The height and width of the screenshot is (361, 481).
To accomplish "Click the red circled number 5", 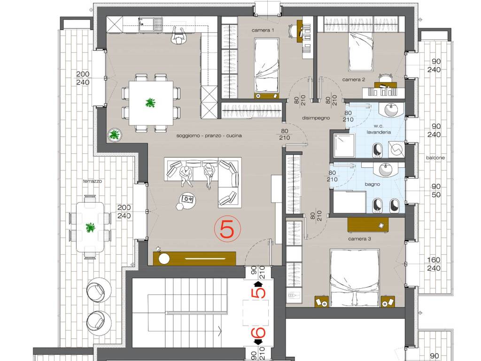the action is coord(228,229).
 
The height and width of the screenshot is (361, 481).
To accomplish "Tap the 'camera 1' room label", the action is coord(263,30).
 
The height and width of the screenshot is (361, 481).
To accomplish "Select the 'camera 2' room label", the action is coord(354,79).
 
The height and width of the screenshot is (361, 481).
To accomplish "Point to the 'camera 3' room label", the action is coord(359,238).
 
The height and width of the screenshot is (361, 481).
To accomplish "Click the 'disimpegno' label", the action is coord(316,118).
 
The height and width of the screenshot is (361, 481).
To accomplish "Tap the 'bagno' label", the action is coord(372,184).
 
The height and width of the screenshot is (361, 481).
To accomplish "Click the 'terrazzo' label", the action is coord(93,181).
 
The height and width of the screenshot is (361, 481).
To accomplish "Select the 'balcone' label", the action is coord(435,158).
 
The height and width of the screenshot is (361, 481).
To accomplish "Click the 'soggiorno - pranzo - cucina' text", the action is coord(209,135).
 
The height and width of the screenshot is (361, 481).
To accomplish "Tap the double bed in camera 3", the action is coord(355,278).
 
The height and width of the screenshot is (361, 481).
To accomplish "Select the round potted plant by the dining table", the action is coord(115,134).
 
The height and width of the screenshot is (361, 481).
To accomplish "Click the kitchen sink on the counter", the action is coord(150,24).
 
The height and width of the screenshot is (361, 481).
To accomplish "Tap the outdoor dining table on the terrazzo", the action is coord(90,227).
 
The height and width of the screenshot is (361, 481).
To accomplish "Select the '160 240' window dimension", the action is coord(434,264).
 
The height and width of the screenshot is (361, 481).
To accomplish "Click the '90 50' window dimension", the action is coord(435,191).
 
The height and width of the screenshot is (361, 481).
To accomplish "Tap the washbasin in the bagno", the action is coord(386,169).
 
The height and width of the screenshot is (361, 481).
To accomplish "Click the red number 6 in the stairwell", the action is coord(258,332).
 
